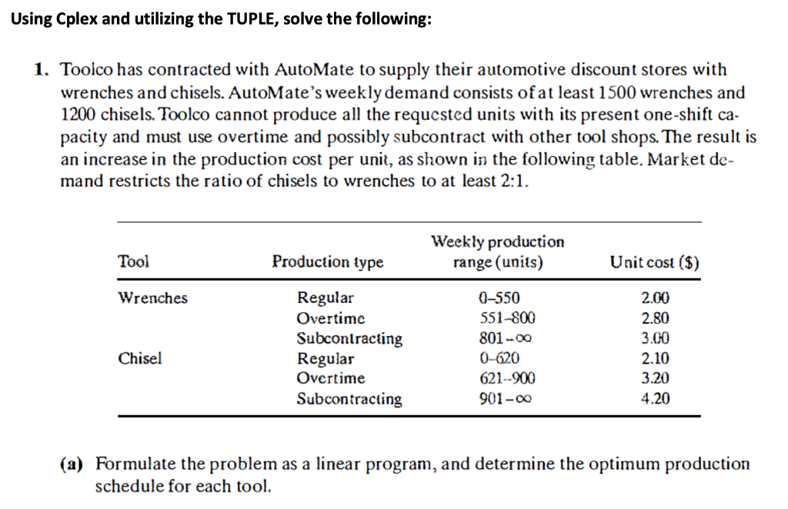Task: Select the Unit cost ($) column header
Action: (654, 262)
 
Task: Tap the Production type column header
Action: (328, 262)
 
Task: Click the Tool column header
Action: (133, 261)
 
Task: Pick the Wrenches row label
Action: (152, 298)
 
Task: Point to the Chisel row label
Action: (140, 358)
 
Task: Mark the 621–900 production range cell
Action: (498, 378)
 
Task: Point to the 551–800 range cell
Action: (498, 318)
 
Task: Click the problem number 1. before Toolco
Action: (43, 70)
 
